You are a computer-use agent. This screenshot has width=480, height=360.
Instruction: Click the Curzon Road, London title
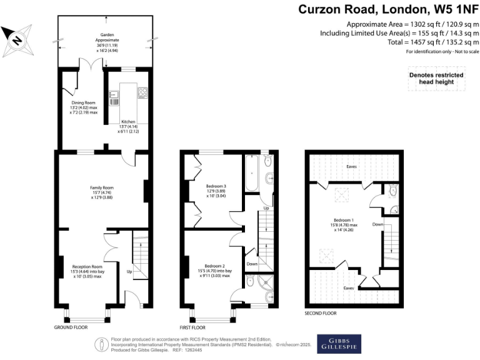[x=388, y=9]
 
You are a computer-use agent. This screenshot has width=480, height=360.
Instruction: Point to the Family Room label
[x=101, y=191]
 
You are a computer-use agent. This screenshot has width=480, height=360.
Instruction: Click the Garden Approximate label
[x=105, y=39]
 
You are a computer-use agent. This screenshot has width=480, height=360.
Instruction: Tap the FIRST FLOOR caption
[x=192, y=327]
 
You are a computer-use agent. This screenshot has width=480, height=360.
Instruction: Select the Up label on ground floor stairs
[x=129, y=272]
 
